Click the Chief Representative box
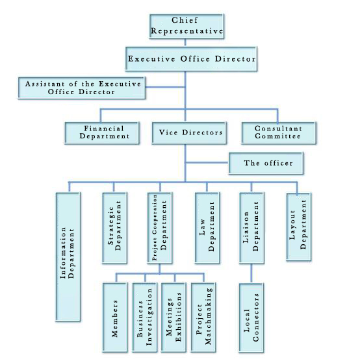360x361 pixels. pyautogui.click(x=186, y=26)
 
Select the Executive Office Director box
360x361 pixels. pyautogui.click(x=191, y=58)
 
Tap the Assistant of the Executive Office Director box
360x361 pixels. pyautogui.click(x=82, y=88)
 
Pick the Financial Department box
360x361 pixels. pyautogui.click(x=102, y=133)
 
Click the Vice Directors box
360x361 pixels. pyautogui.click(x=189, y=133)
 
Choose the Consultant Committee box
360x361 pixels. pyautogui.click(x=279, y=133)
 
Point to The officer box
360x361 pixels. pyautogui.click(x=266, y=163)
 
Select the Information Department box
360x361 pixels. pyautogui.click(x=68, y=256)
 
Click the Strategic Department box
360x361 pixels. pyautogui.click(x=114, y=228)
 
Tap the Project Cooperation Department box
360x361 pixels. pyautogui.click(x=160, y=228)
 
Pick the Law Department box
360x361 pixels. pyautogui.click(x=207, y=228)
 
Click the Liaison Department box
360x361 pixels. pyautogui.click(x=251, y=228)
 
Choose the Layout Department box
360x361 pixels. pyautogui.click(x=299, y=227)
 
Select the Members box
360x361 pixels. pyautogui.click(x=115, y=317)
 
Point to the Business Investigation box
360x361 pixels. pyautogui.click(x=145, y=317)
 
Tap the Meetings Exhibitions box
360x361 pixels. pyautogui.click(x=174, y=317)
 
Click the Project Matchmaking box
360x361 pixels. pyautogui.click(x=203, y=317)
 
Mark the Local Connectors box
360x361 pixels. pyautogui.click(x=251, y=318)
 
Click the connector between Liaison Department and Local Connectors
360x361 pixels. pyautogui.click(x=251, y=273)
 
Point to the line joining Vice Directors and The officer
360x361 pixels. pyautogui.click(x=207, y=162)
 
